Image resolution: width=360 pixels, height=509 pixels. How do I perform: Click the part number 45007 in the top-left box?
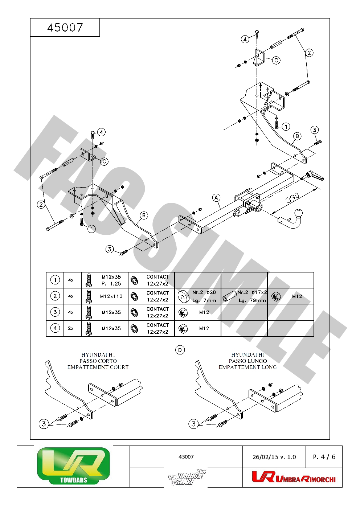[65, 28]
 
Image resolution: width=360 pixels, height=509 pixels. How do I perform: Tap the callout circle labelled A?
[216, 198]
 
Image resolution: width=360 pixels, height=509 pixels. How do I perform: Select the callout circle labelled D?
[180, 350]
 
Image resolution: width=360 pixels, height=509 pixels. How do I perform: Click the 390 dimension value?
[292, 198]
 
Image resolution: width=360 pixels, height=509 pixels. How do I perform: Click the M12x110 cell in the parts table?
[111, 296]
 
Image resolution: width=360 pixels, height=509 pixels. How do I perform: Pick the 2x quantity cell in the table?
[71, 328]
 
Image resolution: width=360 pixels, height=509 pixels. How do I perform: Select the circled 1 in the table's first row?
[55, 280]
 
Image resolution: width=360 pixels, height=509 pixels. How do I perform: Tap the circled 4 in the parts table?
[55, 328]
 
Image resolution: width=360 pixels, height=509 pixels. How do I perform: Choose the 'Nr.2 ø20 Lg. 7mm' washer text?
[204, 296]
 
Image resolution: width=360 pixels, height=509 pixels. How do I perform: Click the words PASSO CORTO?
[98, 361]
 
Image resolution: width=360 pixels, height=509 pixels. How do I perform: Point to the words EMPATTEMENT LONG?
[248, 367]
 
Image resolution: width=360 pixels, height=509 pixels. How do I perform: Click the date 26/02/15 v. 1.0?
[274, 457]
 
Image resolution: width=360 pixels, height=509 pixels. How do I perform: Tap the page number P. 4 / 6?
[324, 457]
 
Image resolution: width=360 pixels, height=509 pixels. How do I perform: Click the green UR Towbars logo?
[73, 466]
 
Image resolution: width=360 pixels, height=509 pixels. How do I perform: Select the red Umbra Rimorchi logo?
[293, 477]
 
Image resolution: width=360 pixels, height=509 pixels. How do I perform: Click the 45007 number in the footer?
[186, 457]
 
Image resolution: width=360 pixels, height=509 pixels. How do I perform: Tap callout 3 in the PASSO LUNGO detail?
[194, 424]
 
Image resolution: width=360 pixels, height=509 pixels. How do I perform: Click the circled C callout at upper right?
[276, 60]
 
